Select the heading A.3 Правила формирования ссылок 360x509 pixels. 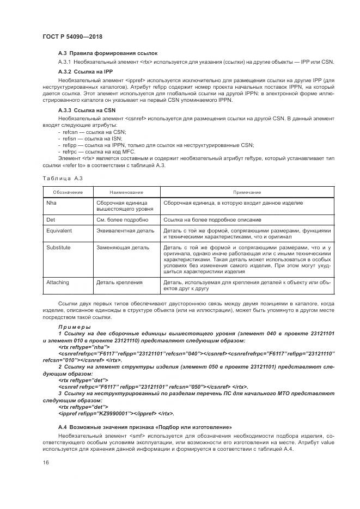tap(107, 54)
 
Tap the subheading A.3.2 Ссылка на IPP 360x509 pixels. tap(86, 71)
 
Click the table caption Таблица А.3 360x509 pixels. tap(62, 178)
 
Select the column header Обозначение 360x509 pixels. tap(68, 192)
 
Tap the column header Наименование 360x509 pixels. tap(126, 192)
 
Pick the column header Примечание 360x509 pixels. tap(247, 192)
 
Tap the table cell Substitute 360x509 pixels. tap(58, 247)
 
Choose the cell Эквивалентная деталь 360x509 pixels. tap(125, 231)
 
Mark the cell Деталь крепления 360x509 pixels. tap(120, 283)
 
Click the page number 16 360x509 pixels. tap(45, 462)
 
